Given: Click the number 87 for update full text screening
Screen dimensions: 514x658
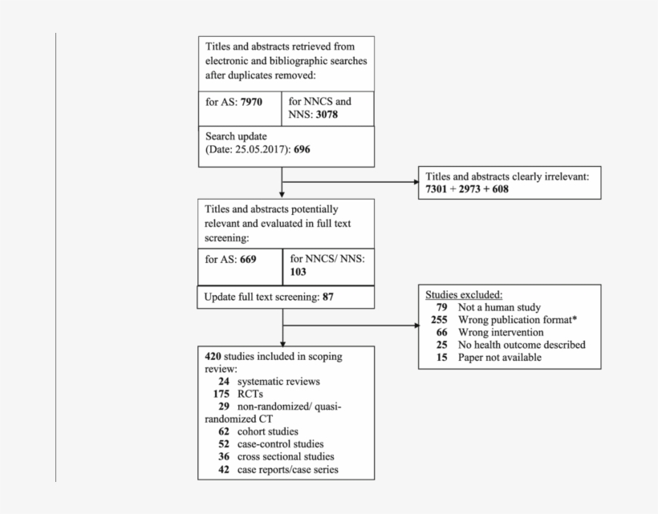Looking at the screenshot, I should coord(328,297).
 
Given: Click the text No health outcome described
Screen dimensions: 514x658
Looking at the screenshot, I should coord(522,345).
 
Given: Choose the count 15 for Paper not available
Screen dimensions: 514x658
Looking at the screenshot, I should coord(443,357).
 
